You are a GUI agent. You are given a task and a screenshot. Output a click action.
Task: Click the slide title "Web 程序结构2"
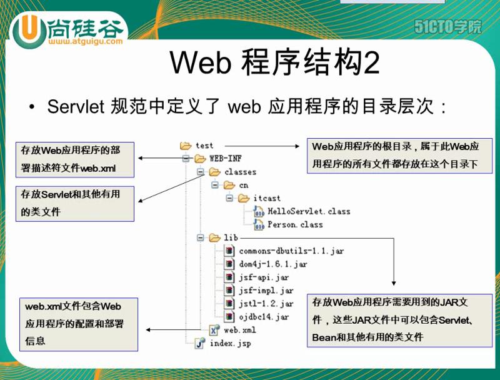275,64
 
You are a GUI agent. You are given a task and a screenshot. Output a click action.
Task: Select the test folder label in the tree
204,145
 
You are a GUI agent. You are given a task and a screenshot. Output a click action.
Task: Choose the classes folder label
240,172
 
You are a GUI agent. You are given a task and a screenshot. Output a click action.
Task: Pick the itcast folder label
267,198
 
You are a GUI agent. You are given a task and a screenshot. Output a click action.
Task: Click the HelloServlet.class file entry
309,211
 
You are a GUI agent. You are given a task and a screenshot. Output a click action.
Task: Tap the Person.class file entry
295,224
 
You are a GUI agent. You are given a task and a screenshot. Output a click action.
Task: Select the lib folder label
231,237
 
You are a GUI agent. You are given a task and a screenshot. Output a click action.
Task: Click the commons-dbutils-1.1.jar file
291,251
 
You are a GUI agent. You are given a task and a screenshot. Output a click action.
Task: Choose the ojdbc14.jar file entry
264,316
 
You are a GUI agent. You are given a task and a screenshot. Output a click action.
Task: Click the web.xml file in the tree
239,329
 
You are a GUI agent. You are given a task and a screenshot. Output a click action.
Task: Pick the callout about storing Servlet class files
74,203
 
